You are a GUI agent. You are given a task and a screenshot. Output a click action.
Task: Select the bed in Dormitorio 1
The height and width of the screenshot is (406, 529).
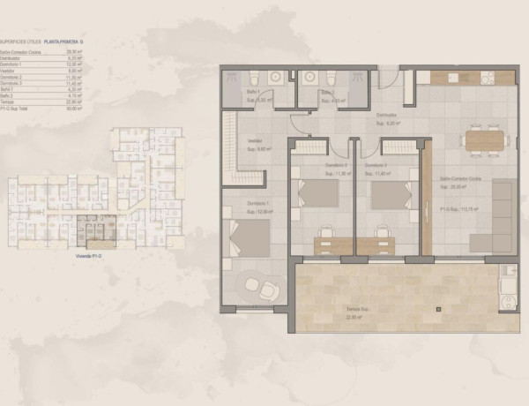point(250,236)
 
